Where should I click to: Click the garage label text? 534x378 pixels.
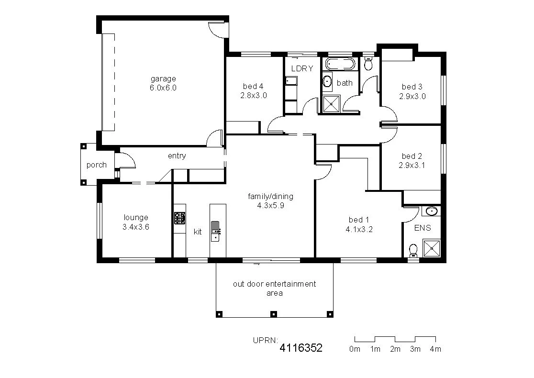tap(163, 79)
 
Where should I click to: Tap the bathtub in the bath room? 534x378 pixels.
tap(340, 64)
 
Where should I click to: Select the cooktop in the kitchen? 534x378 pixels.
tap(179, 219)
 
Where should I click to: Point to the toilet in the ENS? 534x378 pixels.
tap(413, 250)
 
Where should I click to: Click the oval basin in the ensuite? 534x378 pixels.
tap(432, 211)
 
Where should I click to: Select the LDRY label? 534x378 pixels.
tap(302, 68)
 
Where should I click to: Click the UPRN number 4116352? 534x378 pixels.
tap(301, 348)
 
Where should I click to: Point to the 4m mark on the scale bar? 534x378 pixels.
tap(435, 349)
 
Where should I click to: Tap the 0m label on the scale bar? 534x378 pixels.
tap(355, 349)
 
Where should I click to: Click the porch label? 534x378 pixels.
tap(96, 165)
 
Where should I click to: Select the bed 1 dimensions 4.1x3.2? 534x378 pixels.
tap(359, 229)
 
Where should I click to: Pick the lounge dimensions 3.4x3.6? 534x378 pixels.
tap(136, 227)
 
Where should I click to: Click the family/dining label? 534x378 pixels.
tap(270, 196)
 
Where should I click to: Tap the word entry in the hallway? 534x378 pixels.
tap(177, 156)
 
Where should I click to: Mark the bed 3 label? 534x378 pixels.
tap(412, 87)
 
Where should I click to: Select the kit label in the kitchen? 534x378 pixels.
tap(198, 232)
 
